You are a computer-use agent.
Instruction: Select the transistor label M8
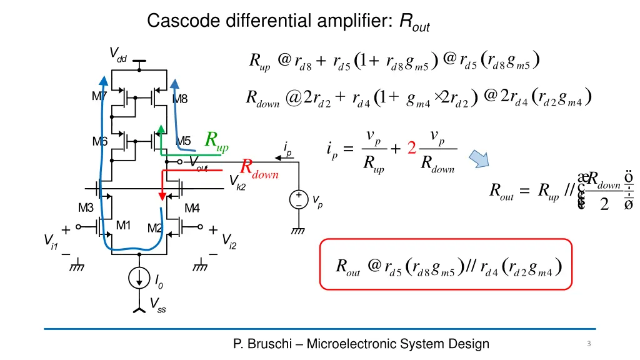click(x=180, y=98)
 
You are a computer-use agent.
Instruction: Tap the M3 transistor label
click(x=86, y=207)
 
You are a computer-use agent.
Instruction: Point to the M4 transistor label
click(x=192, y=207)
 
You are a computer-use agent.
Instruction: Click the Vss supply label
click(x=157, y=304)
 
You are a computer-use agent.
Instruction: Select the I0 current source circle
click(x=139, y=278)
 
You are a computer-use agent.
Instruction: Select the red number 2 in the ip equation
click(x=411, y=149)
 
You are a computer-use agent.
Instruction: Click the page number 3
click(x=589, y=344)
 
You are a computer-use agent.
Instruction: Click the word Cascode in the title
click(x=178, y=21)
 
